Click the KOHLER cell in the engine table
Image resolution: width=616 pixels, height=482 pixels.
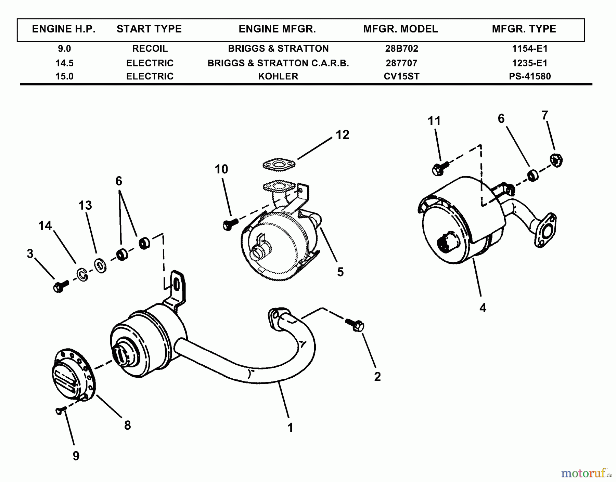(x=278, y=76)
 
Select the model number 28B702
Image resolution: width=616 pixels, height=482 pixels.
(x=401, y=49)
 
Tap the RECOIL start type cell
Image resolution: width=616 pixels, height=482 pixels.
(x=150, y=49)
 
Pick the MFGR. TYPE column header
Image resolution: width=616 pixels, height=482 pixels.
(x=524, y=29)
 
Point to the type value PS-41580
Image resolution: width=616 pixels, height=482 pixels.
(x=529, y=76)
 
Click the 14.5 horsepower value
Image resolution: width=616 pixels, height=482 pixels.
(x=64, y=63)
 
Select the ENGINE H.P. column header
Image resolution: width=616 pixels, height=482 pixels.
(x=64, y=29)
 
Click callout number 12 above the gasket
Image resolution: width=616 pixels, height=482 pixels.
(x=342, y=135)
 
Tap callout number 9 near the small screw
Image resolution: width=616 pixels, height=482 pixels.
(x=76, y=456)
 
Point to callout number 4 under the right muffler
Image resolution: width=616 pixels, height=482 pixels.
(x=483, y=308)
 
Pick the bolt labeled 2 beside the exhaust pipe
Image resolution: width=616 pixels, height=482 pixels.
(x=355, y=325)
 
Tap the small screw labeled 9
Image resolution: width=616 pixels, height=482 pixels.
(x=60, y=411)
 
